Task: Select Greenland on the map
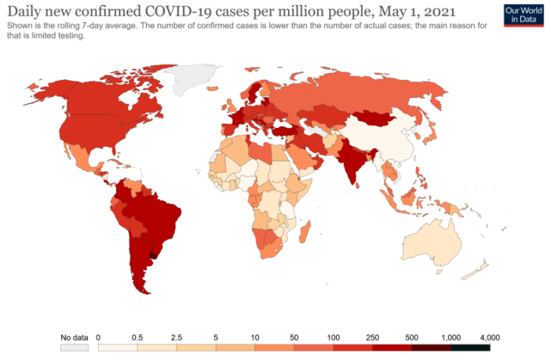(192, 78)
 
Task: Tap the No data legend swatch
(75, 347)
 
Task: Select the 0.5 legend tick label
(137, 336)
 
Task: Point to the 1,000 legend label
(451, 336)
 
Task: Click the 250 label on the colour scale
(372, 336)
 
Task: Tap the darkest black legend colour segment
(470, 347)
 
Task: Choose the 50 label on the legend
(294, 336)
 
